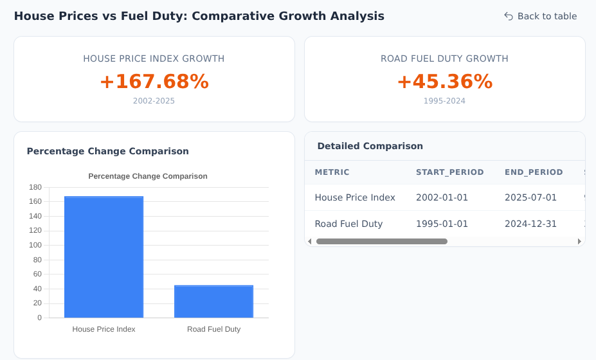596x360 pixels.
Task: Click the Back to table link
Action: pyautogui.click(x=540, y=16)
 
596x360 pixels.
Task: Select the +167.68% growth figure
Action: pyautogui.click(x=154, y=82)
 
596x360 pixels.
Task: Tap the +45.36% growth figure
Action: pyautogui.click(x=444, y=82)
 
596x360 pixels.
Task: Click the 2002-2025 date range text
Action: pyautogui.click(x=154, y=101)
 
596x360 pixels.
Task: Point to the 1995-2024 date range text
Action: pyautogui.click(x=444, y=101)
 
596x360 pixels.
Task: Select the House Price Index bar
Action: pyautogui.click(x=104, y=257)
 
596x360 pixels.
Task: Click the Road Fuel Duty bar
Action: pyautogui.click(x=213, y=301)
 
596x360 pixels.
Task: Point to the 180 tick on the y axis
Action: pyautogui.click(x=35, y=187)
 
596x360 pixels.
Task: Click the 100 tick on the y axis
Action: pyautogui.click(x=35, y=245)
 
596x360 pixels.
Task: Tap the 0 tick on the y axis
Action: pyautogui.click(x=39, y=318)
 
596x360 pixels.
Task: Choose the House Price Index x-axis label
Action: pyautogui.click(x=104, y=329)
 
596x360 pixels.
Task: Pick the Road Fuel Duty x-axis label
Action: pyautogui.click(x=213, y=329)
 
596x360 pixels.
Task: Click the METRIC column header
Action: pyautogui.click(x=332, y=172)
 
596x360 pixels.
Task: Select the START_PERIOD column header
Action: pyautogui.click(x=449, y=172)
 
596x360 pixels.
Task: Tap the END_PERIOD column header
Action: pyautogui.click(x=534, y=172)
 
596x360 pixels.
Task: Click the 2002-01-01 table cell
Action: pyautogui.click(x=442, y=197)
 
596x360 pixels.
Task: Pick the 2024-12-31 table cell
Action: pyautogui.click(x=530, y=224)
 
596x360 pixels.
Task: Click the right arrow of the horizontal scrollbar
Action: pyautogui.click(x=579, y=242)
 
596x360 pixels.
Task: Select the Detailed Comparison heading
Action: pyautogui.click(x=370, y=146)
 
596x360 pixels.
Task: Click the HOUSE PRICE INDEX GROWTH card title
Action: pyautogui.click(x=154, y=59)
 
